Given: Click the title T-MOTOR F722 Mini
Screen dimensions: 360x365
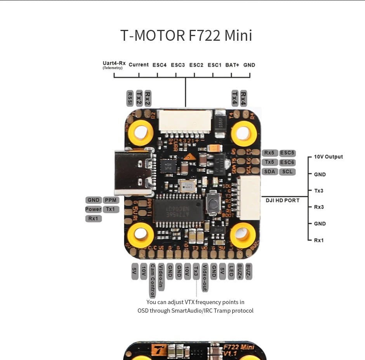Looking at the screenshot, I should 186,35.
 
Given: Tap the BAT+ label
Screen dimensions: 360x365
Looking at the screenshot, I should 232,65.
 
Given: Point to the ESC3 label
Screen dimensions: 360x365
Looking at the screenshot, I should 178,65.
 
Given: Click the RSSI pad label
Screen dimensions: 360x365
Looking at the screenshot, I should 130,99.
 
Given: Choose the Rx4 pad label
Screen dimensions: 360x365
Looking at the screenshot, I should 243,98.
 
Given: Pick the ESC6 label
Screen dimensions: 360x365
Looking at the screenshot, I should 287,162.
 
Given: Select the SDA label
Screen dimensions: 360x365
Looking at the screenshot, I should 269,171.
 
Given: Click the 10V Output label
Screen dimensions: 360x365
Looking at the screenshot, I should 328,157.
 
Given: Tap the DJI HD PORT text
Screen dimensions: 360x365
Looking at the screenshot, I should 282,200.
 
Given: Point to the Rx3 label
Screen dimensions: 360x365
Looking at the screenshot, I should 319,207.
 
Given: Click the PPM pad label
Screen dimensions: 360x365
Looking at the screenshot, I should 111,200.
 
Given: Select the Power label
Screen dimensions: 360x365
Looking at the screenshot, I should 93,209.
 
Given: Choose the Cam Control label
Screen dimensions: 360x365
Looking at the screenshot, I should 153,280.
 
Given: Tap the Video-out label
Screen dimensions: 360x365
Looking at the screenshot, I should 205,278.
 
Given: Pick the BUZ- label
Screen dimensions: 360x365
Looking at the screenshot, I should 249,271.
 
